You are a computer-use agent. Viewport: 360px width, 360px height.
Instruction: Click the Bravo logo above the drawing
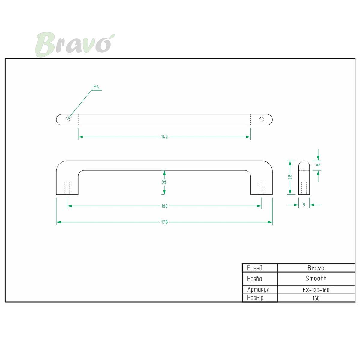point(75,44)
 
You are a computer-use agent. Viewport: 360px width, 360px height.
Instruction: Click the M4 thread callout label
point(96,87)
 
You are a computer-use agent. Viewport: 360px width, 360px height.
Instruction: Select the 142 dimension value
point(164,137)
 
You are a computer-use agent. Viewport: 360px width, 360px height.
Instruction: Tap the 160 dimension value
point(164,206)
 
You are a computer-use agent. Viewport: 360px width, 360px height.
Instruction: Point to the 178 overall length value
point(164,222)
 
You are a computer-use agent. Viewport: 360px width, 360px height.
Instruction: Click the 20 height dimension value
point(164,182)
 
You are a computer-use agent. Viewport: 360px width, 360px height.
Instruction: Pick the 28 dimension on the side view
point(290,177)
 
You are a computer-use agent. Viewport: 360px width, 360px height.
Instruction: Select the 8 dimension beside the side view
point(318,165)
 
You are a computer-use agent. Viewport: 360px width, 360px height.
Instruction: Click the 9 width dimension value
point(304,205)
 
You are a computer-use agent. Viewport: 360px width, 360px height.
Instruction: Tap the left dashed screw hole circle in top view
point(67,120)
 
